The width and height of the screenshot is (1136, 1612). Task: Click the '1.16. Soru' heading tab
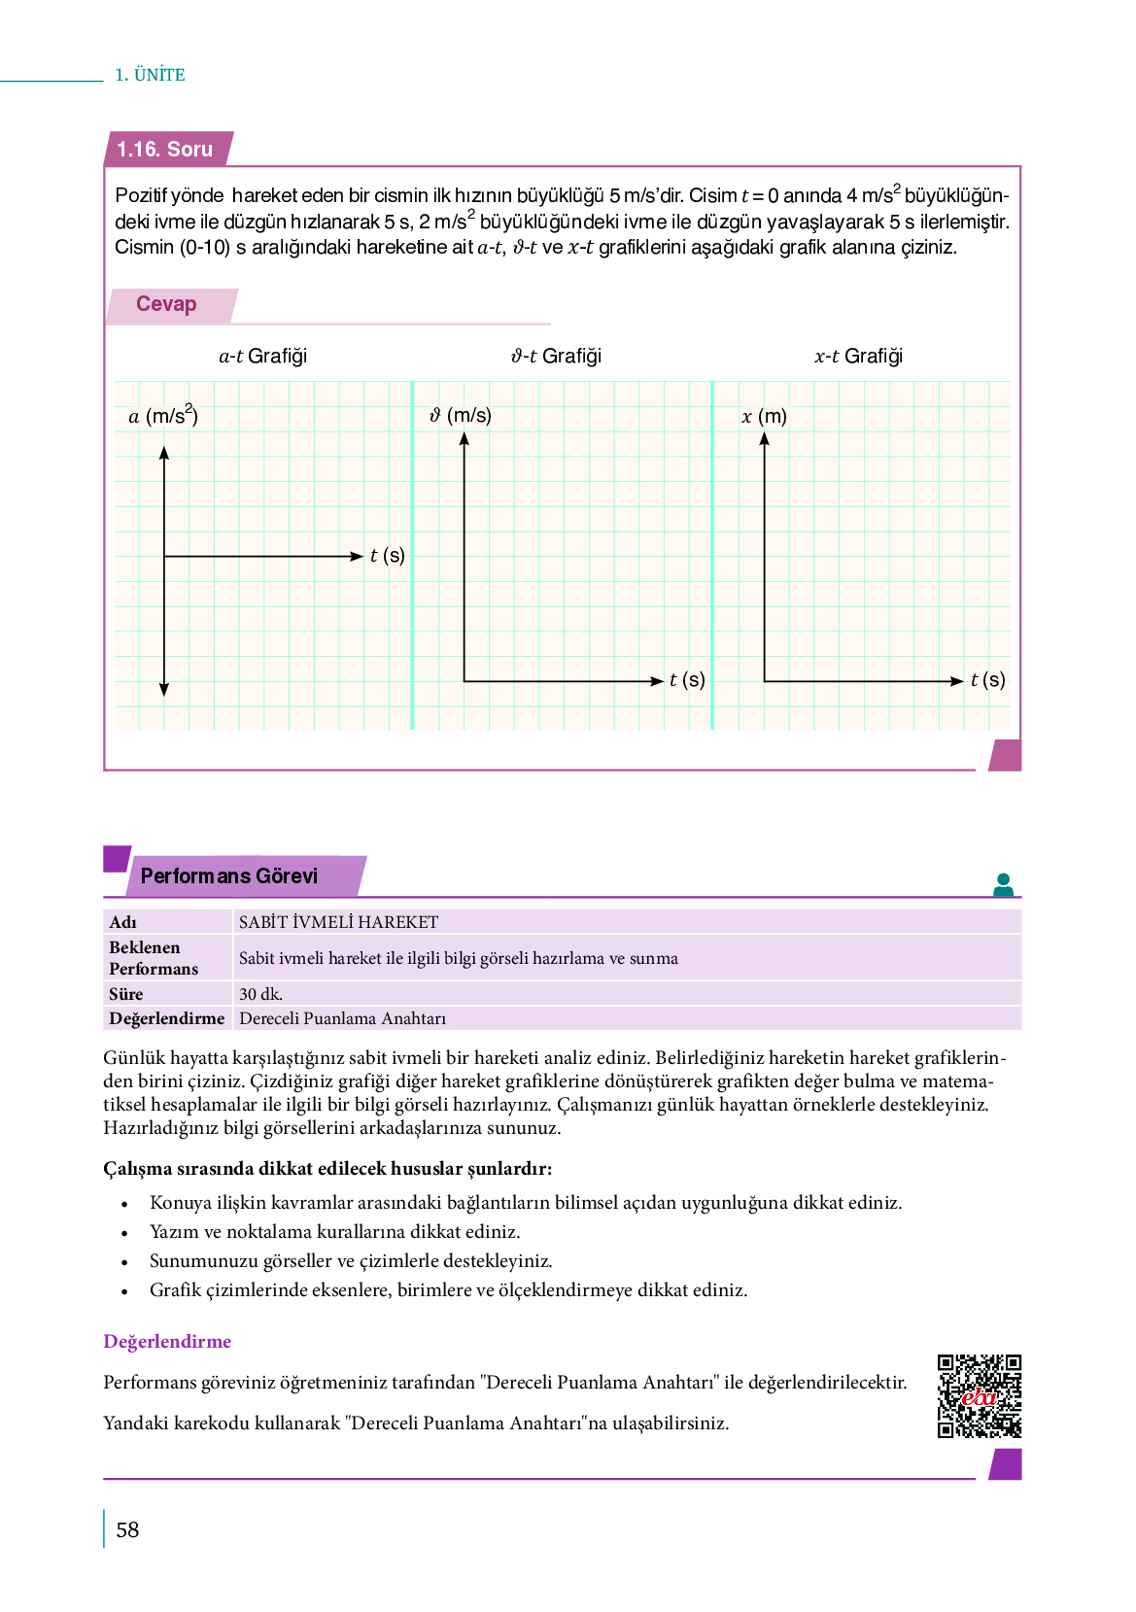pos(165,150)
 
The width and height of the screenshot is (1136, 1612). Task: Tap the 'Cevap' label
pos(166,304)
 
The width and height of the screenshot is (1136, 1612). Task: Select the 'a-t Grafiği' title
pos(262,356)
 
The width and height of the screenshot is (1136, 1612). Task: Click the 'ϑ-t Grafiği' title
pos(556,356)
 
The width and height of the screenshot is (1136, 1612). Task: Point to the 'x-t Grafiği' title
pos(858,356)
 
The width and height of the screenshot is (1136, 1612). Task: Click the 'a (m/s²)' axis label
pos(163,416)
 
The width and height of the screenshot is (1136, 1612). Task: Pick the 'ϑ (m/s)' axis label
pos(461,415)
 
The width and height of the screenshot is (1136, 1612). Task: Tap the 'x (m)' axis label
pos(764,416)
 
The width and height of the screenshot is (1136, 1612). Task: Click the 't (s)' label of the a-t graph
pos(387,556)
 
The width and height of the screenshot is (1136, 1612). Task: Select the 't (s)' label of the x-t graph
pos(987,680)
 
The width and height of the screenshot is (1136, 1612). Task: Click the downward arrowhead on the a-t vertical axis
pos(164,689)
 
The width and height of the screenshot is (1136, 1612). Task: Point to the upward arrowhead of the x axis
pos(765,439)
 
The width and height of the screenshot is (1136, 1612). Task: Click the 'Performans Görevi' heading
pos(229,875)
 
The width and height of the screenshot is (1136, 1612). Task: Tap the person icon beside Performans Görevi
pos(1004,884)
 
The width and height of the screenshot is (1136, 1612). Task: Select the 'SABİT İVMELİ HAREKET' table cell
pos(338,922)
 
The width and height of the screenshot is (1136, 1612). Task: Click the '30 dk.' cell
pos(260,994)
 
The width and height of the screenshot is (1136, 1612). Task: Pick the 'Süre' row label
pos(126,994)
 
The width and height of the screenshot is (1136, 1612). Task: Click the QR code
pos(979,1395)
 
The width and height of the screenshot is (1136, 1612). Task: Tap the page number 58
pos(127,1530)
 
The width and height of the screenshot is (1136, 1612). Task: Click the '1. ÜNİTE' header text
pos(150,75)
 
